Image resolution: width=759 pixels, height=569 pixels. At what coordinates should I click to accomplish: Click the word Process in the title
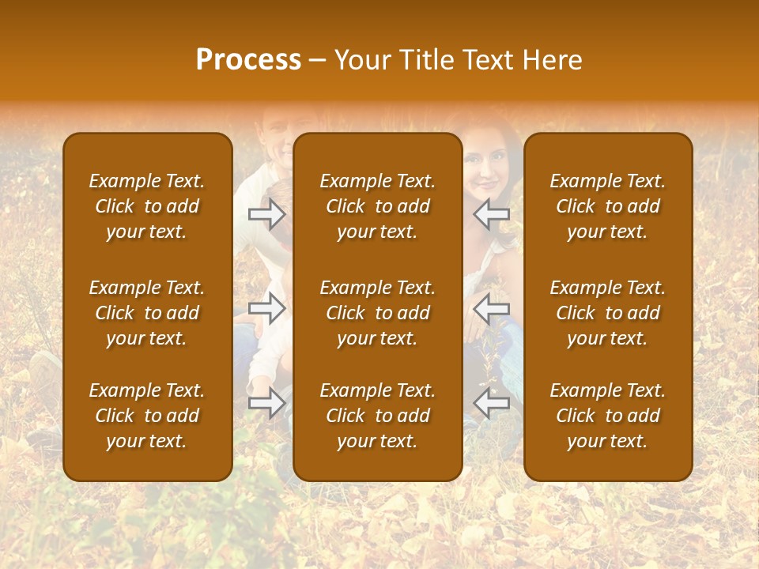[248, 60]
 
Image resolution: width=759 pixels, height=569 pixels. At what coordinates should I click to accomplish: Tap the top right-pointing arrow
[266, 214]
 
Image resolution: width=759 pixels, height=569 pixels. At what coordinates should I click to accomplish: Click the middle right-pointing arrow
[266, 308]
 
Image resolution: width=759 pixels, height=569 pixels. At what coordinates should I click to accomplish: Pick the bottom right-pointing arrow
[266, 402]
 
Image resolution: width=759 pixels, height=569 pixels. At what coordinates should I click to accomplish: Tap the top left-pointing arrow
[492, 214]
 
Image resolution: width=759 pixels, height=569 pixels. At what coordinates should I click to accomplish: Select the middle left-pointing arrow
[492, 308]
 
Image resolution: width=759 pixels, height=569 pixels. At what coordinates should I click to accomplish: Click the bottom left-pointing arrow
[492, 402]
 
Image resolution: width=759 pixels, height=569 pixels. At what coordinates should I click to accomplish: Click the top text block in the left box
[147, 206]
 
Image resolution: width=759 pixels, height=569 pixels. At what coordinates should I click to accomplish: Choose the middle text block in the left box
[147, 313]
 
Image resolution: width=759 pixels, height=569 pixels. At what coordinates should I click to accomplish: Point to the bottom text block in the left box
[147, 416]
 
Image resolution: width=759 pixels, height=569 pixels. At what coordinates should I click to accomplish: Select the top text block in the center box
[378, 206]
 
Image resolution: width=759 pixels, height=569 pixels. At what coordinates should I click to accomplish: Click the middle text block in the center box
[378, 313]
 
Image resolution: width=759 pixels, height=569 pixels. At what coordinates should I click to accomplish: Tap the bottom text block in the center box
[378, 416]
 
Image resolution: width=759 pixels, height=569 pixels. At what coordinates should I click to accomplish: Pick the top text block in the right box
[608, 206]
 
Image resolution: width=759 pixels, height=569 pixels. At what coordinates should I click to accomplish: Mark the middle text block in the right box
[608, 313]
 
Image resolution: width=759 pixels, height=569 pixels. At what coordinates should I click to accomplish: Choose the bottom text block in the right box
[608, 416]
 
